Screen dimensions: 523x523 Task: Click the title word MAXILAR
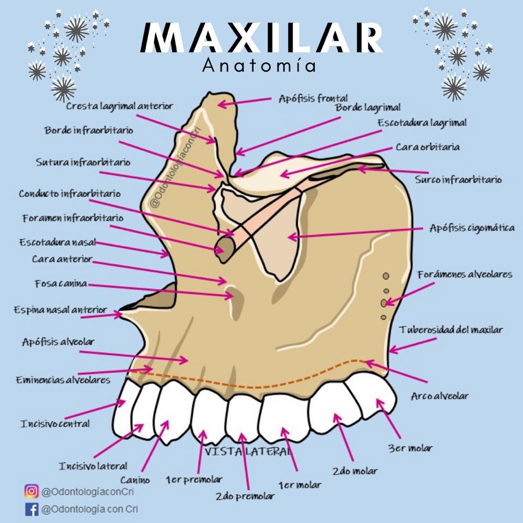(261, 38)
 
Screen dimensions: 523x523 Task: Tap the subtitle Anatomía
(259, 65)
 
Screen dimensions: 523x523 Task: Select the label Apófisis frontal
(313, 99)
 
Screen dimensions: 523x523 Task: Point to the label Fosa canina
(61, 283)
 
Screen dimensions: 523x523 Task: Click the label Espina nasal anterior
(60, 310)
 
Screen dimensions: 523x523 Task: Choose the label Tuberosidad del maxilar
(451, 330)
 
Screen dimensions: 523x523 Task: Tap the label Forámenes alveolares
(465, 275)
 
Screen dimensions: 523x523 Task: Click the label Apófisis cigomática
(472, 228)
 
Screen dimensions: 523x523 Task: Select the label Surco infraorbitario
(458, 179)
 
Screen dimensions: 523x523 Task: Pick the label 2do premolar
(245, 496)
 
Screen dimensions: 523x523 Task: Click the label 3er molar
(410, 448)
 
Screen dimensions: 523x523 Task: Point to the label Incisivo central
(56, 424)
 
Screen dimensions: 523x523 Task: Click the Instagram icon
(32, 491)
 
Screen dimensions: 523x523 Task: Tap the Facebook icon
(32, 509)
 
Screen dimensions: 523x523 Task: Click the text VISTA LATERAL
(248, 452)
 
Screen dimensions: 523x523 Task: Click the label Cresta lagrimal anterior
(119, 106)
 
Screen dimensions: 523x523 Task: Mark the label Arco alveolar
(440, 396)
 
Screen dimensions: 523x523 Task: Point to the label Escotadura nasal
(58, 242)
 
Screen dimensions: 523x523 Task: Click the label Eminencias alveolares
(63, 380)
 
